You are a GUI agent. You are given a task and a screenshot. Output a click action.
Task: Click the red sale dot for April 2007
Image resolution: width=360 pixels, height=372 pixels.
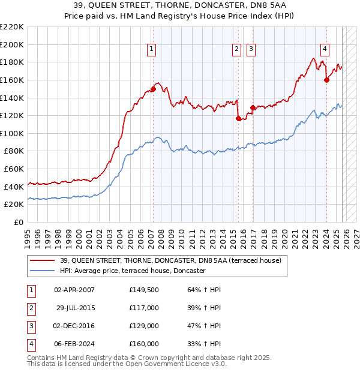coord(153,89)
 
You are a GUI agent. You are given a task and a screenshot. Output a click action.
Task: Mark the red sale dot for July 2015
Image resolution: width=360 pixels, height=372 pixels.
coord(238,118)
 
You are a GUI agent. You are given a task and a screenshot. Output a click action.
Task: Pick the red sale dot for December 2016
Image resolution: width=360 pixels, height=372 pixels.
coord(253,107)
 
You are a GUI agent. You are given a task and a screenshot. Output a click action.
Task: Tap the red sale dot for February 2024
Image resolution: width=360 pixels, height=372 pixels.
coord(326,80)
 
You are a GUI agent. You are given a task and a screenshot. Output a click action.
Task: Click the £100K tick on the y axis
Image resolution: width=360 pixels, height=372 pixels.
coord(12,133)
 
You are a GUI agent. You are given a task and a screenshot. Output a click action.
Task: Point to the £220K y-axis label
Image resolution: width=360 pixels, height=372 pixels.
coord(12,27)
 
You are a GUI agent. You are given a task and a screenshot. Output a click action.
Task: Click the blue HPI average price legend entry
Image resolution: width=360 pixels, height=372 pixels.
coord(132,271)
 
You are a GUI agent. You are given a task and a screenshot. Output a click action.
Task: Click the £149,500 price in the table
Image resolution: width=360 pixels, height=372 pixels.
coord(144,290)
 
